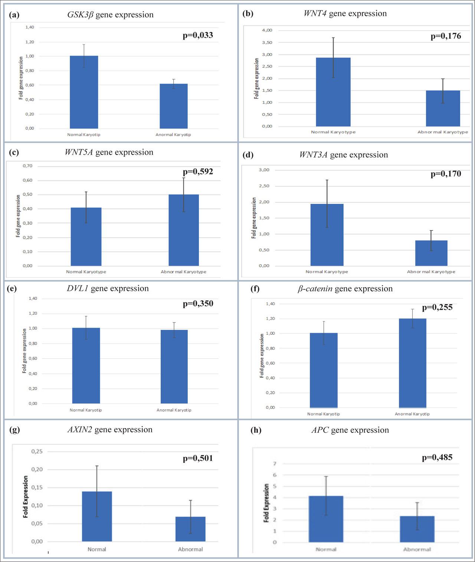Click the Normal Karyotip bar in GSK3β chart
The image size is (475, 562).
pos(84,92)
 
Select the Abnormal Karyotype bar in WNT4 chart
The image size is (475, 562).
pos(443,108)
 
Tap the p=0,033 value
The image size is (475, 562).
pos(198,36)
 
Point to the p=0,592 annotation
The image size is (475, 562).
pos(198,172)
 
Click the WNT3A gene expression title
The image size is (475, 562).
pos(343,155)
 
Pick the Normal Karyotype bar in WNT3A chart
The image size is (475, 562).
pos(327,235)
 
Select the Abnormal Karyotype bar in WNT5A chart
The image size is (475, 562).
pos(184,230)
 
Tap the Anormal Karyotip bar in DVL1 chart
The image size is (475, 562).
pos(174,366)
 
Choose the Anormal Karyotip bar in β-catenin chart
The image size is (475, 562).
pos(412,363)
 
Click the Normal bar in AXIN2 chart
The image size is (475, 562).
pos(97,516)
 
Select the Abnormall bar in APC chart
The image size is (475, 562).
pos(417,529)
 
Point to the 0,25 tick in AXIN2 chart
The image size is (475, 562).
pos(37,452)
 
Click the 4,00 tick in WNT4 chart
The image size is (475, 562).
pos(267,30)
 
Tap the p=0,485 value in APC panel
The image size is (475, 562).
pos(437,457)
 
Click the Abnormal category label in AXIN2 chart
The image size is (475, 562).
pos(190,549)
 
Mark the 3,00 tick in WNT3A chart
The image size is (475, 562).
pos(264,170)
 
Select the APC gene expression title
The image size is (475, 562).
pos(350,430)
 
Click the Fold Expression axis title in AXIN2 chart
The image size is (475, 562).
pos(26,497)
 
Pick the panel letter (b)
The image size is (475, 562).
pos(248,14)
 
